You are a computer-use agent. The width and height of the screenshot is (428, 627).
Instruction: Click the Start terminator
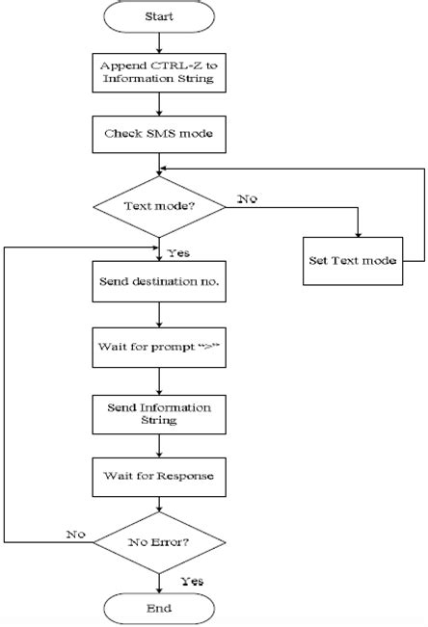(x=158, y=17)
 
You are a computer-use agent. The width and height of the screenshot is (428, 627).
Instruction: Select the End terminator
(x=158, y=608)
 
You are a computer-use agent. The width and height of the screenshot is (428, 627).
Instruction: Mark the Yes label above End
(x=191, y=581)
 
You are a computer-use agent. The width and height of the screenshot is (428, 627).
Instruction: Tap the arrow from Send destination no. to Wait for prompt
(x=158, y=316)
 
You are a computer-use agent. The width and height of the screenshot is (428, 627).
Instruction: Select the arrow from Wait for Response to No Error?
(x=158, y=506)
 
